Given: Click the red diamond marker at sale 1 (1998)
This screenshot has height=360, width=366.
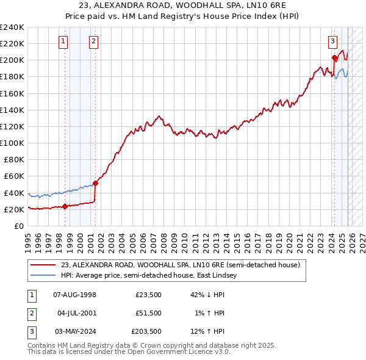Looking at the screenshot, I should pos(65,206).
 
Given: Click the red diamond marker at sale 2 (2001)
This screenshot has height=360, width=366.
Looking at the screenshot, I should pos(95,183).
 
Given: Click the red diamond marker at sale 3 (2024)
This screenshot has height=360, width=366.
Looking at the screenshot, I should pos(334,58).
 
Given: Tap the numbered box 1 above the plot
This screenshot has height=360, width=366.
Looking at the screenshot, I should pos(63,41).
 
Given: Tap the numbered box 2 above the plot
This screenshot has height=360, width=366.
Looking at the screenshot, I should pos(93,41).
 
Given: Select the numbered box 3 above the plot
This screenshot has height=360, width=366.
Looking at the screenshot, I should pos(332,41).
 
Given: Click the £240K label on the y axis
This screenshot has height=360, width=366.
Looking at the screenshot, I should pos(12,27).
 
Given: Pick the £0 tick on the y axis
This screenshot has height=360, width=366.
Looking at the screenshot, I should pos(20,226).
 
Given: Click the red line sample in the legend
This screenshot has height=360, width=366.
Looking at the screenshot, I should pos(44,265).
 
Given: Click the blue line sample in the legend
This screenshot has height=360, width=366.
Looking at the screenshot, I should pos(44,276).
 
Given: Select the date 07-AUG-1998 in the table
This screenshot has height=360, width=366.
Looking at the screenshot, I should pos(74,295).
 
